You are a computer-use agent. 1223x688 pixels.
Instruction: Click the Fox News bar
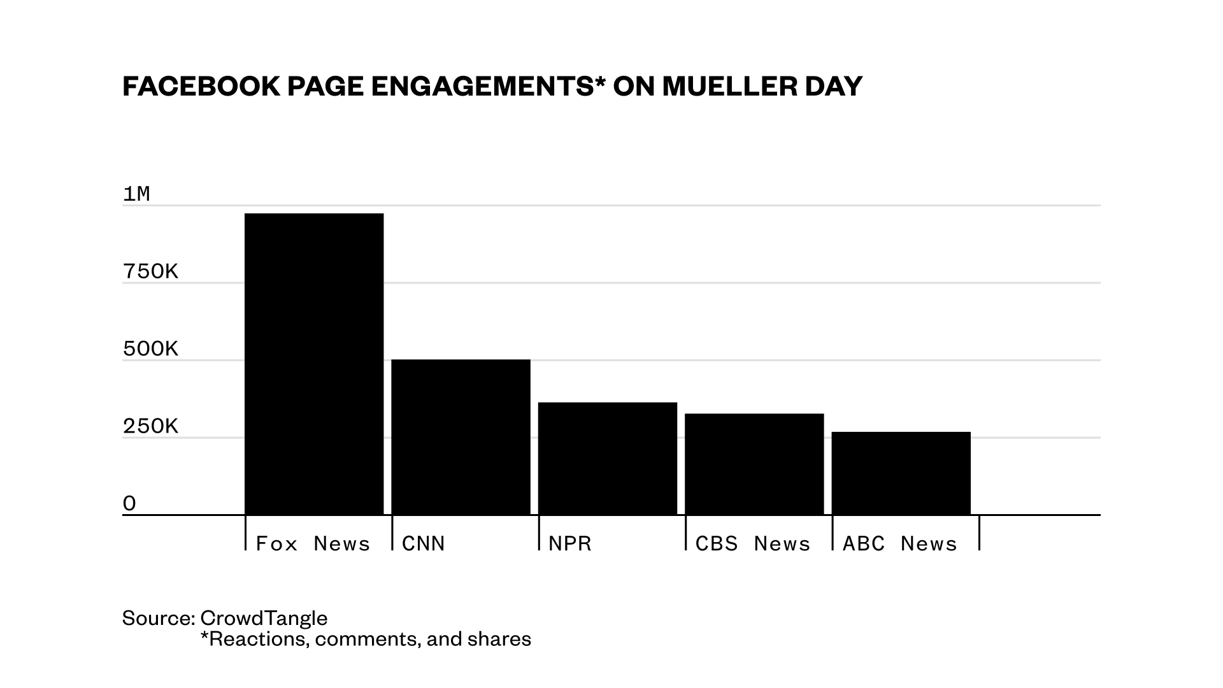tap(314, 364)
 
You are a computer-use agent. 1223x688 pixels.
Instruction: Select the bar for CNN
tap(461, 437)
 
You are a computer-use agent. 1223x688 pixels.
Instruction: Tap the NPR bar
tap(607, 458)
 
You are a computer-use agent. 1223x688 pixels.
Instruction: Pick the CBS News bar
tap(754, 464)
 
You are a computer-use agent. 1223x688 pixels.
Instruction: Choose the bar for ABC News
tap(901, 473)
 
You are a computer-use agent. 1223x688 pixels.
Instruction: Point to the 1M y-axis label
tap(136, 194)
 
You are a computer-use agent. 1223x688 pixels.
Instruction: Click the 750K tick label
tap(150, 271)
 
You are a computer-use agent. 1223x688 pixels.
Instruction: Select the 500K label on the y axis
tap(150, 348)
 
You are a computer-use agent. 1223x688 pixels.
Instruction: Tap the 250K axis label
tap(150, 426)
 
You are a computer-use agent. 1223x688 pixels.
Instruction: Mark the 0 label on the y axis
tap(129, 503)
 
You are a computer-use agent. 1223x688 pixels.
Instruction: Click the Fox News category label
tap(313, 543)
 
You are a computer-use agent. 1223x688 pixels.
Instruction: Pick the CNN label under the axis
tap(424, 543)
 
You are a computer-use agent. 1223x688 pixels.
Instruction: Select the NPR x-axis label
tap(570, 543)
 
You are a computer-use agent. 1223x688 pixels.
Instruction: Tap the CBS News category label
tap(753, 543)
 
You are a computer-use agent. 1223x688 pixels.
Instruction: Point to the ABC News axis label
tap(899, 543)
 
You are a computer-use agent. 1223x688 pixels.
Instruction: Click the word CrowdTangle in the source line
tap(264, 618)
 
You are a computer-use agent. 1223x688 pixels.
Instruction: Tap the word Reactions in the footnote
tap(258, 638)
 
